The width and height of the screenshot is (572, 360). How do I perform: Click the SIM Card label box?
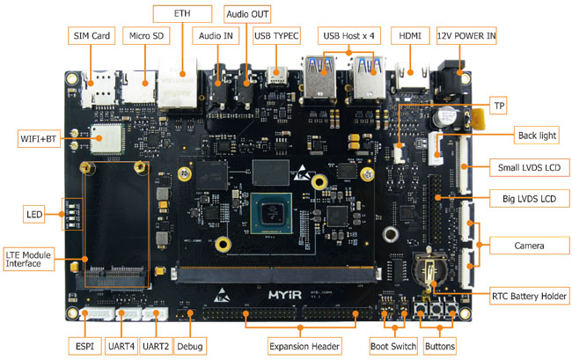tap(92, 35)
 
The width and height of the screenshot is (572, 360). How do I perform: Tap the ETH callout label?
tap(183, 14)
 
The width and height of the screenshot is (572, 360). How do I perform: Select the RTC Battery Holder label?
tap(527, 295)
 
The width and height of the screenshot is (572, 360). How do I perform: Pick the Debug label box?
tap(189, 346)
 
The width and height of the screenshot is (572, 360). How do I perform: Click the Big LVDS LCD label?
tap(523, 198)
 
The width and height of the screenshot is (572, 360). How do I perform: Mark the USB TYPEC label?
tap(276, 35)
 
